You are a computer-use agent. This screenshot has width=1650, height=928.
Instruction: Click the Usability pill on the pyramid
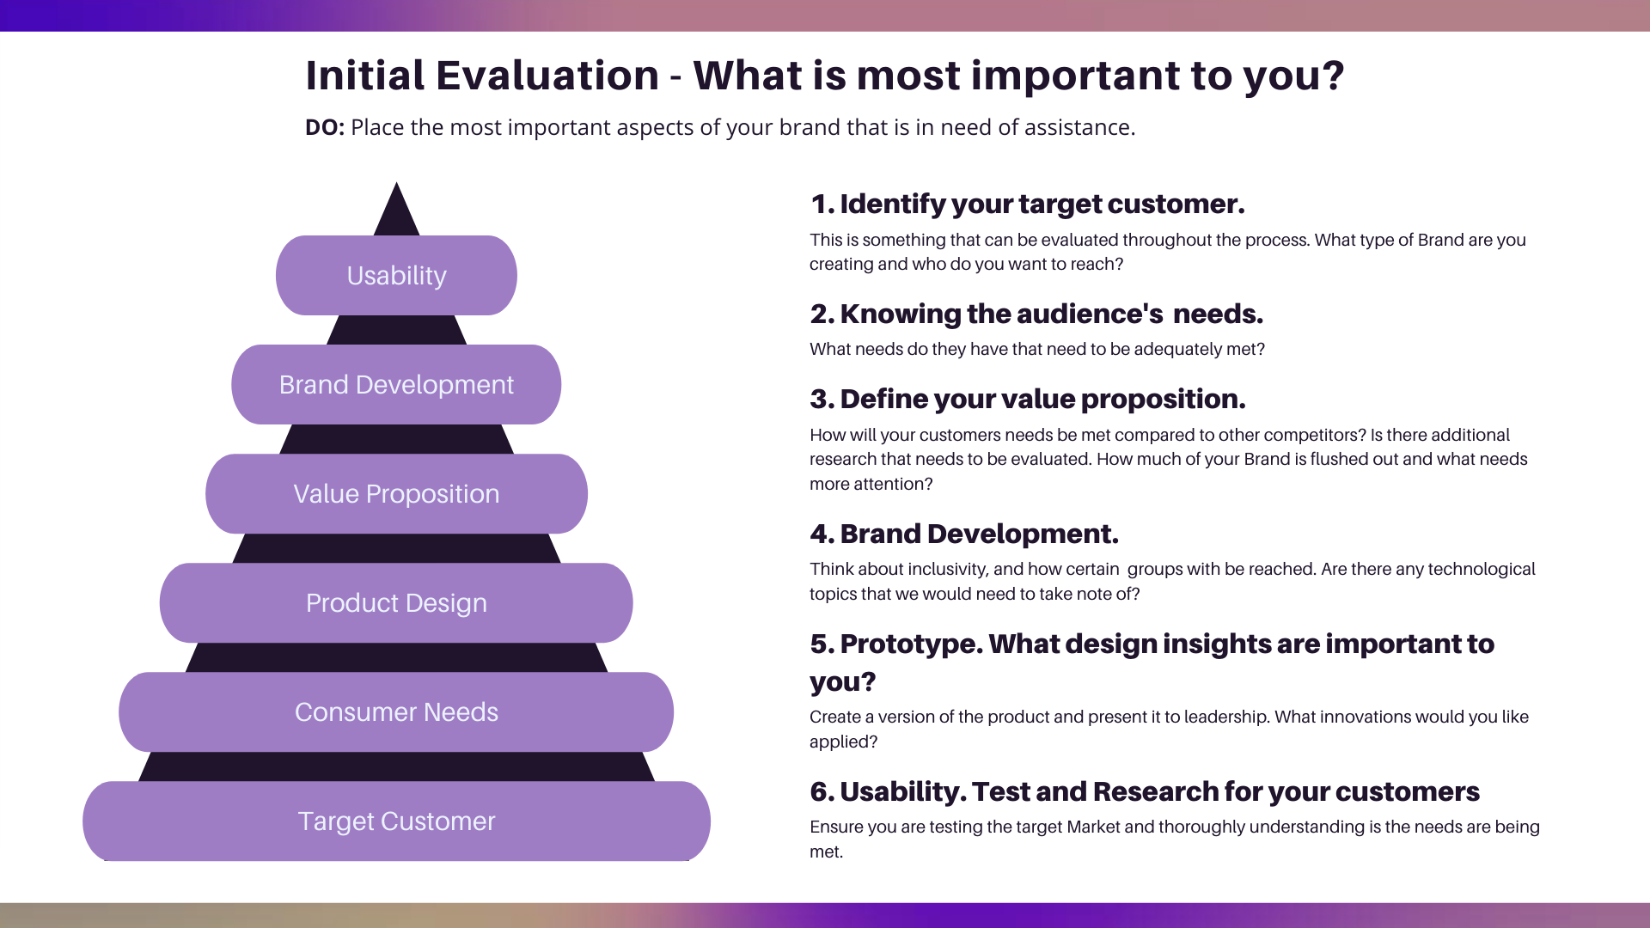(x=396, y=276)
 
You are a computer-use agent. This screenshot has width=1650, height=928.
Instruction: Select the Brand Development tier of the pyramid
(x=396, y=385)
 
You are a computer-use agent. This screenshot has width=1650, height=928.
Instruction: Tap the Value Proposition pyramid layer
(x=396, y=494)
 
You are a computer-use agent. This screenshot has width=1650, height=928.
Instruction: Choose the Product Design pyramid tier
(x=396, y=603)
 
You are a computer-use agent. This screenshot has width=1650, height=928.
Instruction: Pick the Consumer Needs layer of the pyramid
(x=396, y=712)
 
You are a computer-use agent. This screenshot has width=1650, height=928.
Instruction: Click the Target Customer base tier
(x=396, y=821)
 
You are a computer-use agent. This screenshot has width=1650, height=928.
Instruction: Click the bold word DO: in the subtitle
(x=325, y=128)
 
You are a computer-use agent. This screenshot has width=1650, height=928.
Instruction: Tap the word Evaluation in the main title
(x=547, y=76)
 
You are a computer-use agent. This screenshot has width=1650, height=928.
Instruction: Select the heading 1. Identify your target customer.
(x=1027, y=205)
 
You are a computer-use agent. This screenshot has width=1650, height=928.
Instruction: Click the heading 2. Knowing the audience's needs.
(x=1036, y=314)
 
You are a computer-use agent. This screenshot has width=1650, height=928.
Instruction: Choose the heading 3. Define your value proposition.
(x=1027, y=400)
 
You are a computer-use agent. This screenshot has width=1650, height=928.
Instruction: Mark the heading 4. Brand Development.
(x=963, y=534)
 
